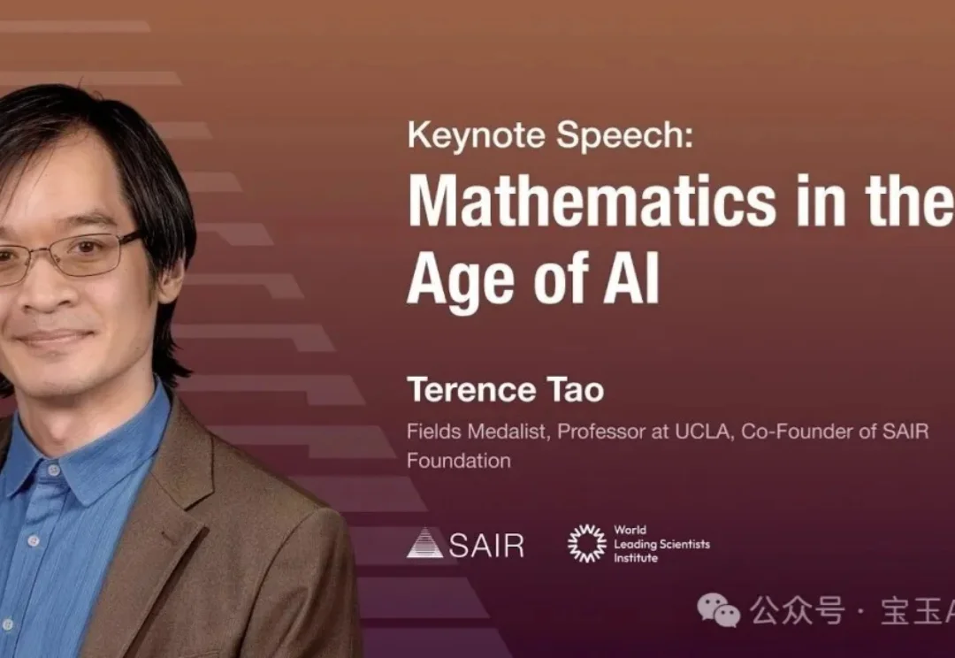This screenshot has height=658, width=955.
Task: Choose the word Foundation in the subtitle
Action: tap(458, 461)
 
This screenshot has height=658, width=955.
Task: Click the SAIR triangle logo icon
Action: tap(424, 543)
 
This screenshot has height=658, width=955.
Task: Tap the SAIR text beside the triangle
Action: tap(486, 545)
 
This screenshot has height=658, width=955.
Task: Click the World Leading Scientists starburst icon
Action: tap(586, 543)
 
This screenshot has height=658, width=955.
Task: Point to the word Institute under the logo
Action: tap(636, 558)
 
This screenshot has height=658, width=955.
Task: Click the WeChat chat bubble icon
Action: tap(718, 610)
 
